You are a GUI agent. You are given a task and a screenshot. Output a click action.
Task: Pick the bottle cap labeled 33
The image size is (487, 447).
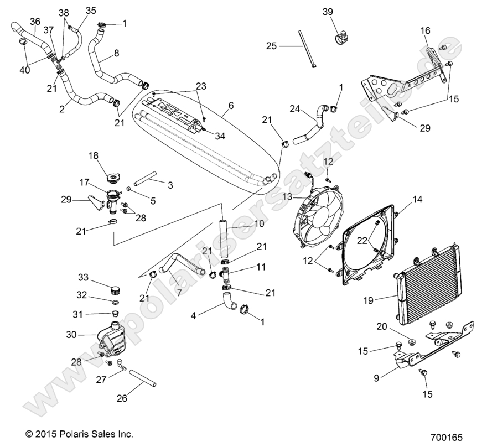(116, 289)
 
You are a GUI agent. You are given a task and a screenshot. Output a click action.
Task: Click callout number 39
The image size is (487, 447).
(328, 12)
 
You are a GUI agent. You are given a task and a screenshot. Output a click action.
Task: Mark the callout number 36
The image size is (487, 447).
(35, 22)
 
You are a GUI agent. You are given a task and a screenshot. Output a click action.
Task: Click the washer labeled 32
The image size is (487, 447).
(115, 303)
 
